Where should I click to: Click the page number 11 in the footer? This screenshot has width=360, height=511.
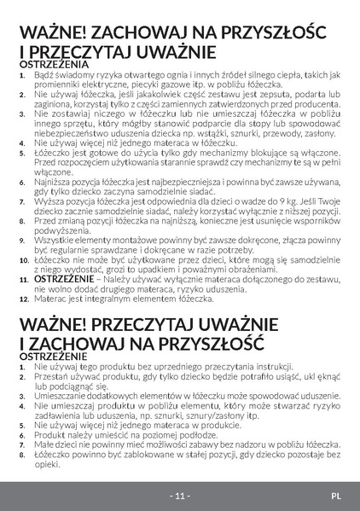tap(180, 496)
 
